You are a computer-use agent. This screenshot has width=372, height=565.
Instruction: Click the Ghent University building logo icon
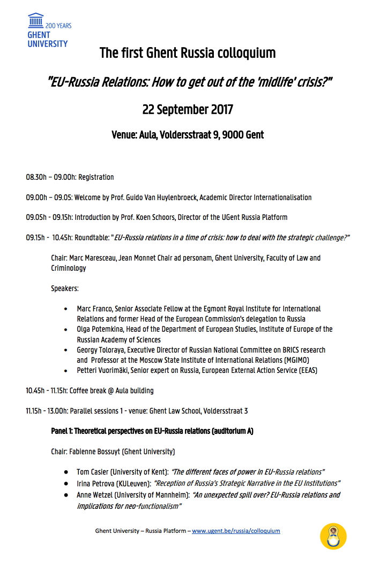(x=36, y=21)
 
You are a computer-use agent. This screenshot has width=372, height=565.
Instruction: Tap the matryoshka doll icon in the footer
(x=333, y=536)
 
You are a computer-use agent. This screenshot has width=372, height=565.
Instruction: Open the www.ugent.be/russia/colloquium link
(x=236, y=531)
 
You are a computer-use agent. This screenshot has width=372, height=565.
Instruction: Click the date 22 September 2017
(x=188, y=110)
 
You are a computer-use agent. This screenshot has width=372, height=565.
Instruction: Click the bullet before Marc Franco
(x=65, y=309)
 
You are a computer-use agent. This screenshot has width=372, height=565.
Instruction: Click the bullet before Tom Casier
(x=65, y=472)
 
